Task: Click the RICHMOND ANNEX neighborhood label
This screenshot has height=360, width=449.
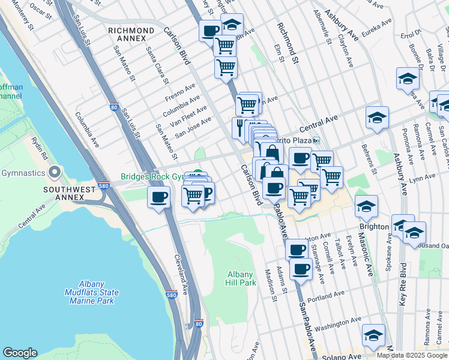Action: click(x=131, y=34)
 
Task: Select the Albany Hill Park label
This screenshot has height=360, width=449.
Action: click(x=241, y=278)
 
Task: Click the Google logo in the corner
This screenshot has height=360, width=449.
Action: click(x=20, y=353)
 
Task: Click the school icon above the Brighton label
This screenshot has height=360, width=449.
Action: click(x=366, y=207)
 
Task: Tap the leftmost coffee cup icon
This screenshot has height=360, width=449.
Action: click(x=159, y=197)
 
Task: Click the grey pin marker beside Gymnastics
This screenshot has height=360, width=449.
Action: click(x=55, y=173)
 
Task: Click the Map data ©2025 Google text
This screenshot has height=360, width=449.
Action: click(x=412, y=355)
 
